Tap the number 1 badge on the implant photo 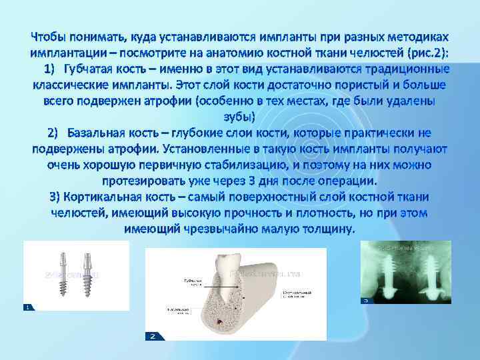pyautogui.click(x=28, y=307)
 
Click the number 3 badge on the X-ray pyautogui.click(x=365, y=301)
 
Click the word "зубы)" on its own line pyautogui.click(x=239, y=117)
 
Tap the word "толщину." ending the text pyautogui.click(x=326, y=229)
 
